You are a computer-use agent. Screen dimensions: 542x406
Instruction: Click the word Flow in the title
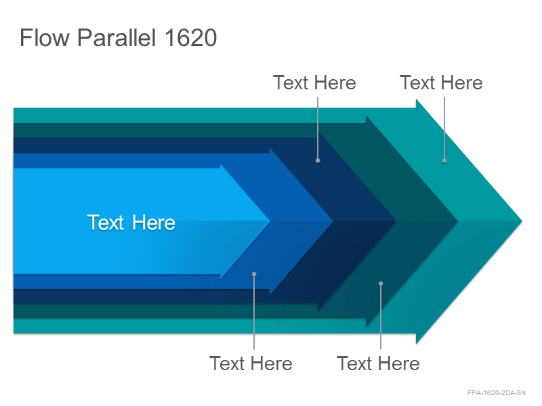point(45,38)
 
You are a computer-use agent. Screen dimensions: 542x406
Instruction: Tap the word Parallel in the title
point(117,38)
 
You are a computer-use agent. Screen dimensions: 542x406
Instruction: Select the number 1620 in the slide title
point(191,38)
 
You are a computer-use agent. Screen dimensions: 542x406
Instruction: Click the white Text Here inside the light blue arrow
point(131,223)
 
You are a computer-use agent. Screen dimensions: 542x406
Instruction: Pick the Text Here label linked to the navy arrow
point(314,83)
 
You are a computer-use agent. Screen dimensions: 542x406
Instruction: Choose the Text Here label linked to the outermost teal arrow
point(441,83)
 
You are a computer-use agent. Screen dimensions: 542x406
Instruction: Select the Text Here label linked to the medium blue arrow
point(251,363)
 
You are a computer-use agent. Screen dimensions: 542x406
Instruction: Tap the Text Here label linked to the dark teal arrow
point(378,363)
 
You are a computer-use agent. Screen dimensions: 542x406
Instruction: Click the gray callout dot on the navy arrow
point(318,160)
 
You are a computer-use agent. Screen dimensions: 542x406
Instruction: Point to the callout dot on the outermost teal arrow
point(444,160)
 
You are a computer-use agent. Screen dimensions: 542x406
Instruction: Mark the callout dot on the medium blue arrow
point(254,274)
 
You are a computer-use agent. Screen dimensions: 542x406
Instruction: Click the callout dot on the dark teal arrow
point(381,284)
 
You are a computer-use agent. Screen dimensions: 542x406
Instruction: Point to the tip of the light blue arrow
point(270,221)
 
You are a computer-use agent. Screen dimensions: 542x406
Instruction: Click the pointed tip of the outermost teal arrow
point(522,221)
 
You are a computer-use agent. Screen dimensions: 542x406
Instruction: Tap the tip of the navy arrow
point(396,221)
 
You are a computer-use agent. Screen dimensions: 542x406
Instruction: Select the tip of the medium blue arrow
point(333,221)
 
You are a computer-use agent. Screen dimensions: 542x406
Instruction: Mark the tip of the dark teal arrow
point(458,221)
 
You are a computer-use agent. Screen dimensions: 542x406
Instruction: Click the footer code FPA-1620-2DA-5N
point(497,393)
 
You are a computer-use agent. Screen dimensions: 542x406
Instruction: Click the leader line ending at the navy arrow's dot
point(318,128)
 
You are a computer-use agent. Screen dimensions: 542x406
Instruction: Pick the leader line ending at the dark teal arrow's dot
point(381,317)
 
